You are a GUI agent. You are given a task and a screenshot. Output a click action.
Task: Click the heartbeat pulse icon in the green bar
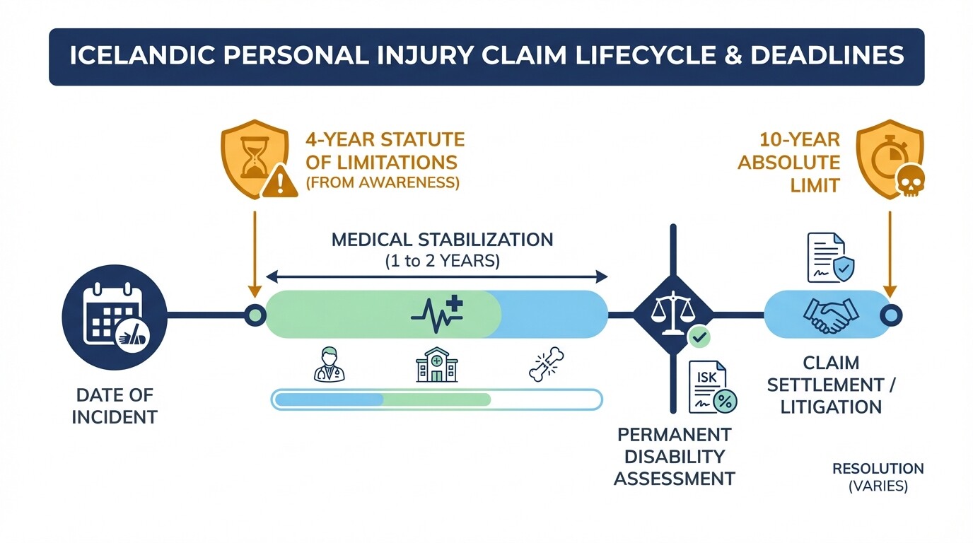tap(436, 313)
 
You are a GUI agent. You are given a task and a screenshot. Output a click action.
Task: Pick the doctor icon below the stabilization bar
tap(330, 365)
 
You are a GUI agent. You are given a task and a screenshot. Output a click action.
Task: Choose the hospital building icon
tap(436, 365)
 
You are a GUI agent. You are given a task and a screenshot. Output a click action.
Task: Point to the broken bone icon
tap(545, 365)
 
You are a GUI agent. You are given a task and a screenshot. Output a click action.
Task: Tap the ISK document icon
tap(712, 387)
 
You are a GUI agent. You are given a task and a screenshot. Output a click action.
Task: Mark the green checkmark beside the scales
tap(699, 337)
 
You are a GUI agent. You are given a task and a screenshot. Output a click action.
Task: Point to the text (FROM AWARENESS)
tap(382, 182)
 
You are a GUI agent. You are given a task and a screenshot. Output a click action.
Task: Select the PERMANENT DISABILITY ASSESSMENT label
tap(674, 456)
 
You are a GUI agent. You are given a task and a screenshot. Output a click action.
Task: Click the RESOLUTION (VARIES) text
tap(878, 477)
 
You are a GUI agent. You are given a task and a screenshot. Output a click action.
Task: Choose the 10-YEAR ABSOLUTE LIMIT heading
tap(788, 163)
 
